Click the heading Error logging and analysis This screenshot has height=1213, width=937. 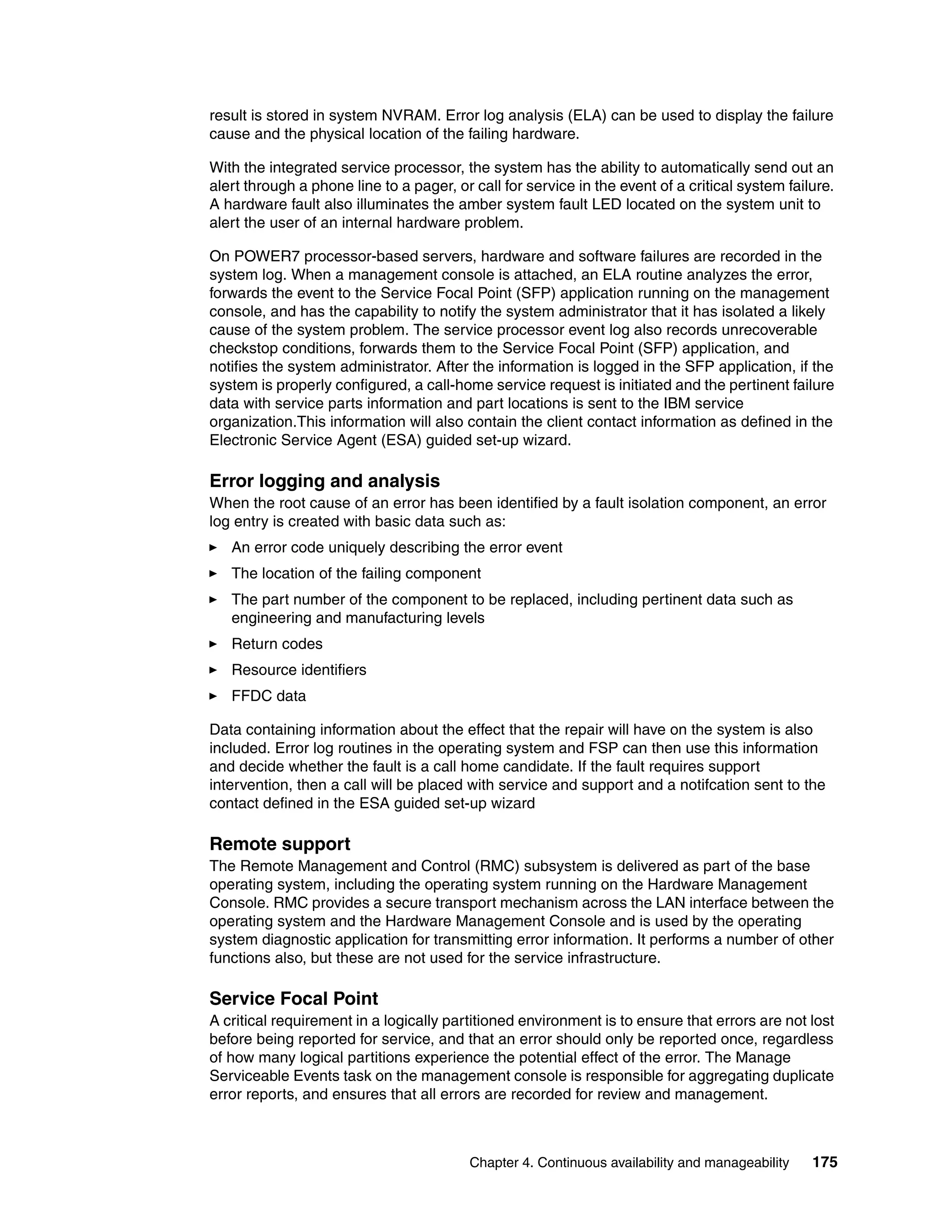point(324,481)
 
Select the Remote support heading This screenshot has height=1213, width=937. point(280,844)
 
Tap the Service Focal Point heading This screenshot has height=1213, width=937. point(294,998)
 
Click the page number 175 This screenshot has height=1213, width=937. point(825,1162)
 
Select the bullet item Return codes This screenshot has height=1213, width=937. point(276,644)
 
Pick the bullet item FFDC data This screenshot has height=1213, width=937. point(268,696)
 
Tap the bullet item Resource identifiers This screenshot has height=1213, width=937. point(299,670)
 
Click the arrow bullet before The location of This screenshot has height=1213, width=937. point(213,574)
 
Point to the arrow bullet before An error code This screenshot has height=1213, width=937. point(213,547)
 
